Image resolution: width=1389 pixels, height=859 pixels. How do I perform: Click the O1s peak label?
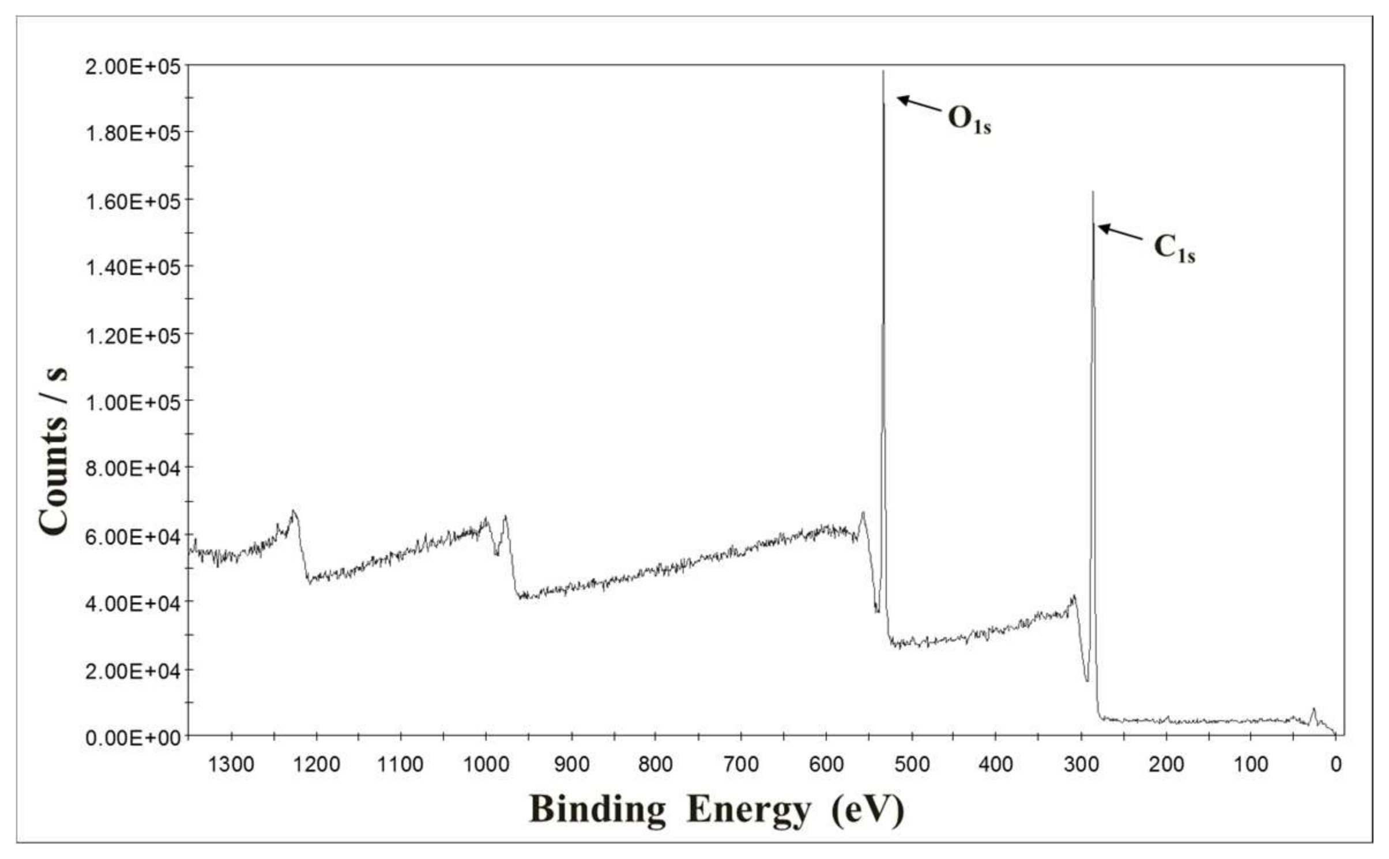coord(969,119)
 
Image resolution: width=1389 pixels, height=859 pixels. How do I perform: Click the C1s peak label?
coord(1174,248)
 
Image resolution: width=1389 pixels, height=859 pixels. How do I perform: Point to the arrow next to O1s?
coord(919,103)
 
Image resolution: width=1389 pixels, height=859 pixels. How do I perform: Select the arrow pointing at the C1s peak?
coord(1120,232)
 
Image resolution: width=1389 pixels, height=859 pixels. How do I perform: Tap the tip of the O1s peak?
coord(883,71)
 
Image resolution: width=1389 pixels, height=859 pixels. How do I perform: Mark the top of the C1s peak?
coord(1093,192)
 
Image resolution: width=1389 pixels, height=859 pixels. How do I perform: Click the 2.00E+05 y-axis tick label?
coord(133,67)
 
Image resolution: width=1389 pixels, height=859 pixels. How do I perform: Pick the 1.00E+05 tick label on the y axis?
coord(133,402)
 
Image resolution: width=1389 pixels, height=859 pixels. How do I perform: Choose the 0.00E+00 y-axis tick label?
coord(133,737)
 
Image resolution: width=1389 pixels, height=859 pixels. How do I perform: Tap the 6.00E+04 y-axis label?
coord(133,536)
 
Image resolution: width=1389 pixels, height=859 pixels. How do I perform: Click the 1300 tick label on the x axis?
coord(231,764)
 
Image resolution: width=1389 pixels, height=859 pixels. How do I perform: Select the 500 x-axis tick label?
coord(912,764)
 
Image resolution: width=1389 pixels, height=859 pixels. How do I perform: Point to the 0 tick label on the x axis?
coord(1336,764)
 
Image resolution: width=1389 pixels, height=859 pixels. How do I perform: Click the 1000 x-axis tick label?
coord(486,764)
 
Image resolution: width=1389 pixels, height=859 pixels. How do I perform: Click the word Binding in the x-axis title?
coord(597,810)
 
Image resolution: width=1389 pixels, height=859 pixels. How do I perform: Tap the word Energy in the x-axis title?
coord(748,810)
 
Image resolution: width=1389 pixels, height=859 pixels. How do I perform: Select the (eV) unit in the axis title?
coord(867,810)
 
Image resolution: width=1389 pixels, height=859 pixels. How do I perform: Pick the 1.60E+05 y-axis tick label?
coord(133,201)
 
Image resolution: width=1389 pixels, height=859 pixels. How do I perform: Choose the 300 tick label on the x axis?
coord(1081,764)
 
